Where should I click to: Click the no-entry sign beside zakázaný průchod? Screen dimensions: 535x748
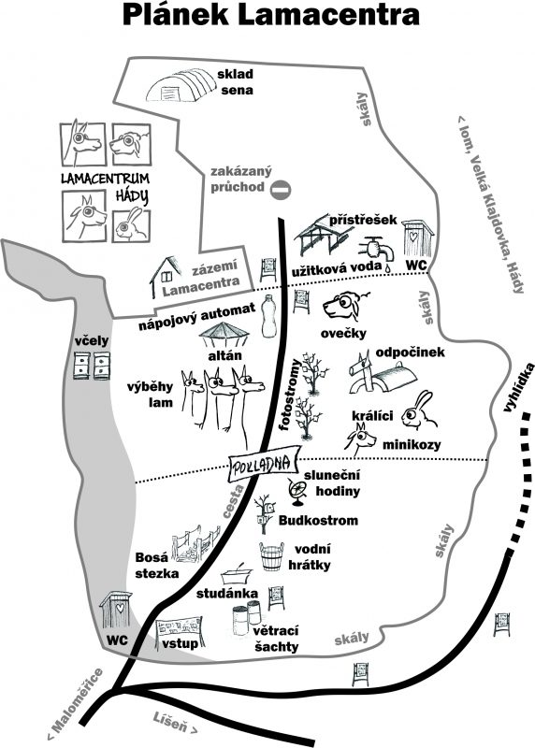pyautogui.click(x=281, y=190)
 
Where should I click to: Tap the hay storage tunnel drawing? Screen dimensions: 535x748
pyautogui.click(x=181, y=85)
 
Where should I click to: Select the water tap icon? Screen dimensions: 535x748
pyautogui.click(x=377, y=250)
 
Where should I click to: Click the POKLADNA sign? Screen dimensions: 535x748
pyautogui.click(x=262, y=463)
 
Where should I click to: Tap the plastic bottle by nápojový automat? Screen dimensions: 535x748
pyautogui.click(x=269, y=316)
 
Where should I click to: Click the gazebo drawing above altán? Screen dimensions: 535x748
pyautogui.click(x=224, y=335)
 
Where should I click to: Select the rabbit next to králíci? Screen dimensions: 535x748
pyautogui.click(x=418, y=410)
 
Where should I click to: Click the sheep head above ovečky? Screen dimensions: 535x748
pyautogui.click(x=346, y=307)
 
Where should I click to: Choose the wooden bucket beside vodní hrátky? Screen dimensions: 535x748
pyautogui.click(x=271, y=556)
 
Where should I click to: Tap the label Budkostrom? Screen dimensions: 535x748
pyautogui.click(x=318, y=520)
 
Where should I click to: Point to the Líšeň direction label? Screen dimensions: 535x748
pyautogui.click(x=175, y=723)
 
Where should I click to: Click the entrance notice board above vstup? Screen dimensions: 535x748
pyautogui.click(x=180, y=628)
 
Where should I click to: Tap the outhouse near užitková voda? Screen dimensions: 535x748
pyautogui.click(x=417, y=238)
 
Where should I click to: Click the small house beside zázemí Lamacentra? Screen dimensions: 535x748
pyautogui.click(x=166, y=277)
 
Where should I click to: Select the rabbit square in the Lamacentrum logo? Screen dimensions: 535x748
pyautogui.click(x=131, y=225)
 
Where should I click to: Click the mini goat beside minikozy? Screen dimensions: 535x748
pyautogui.click(x=361, y=438)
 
